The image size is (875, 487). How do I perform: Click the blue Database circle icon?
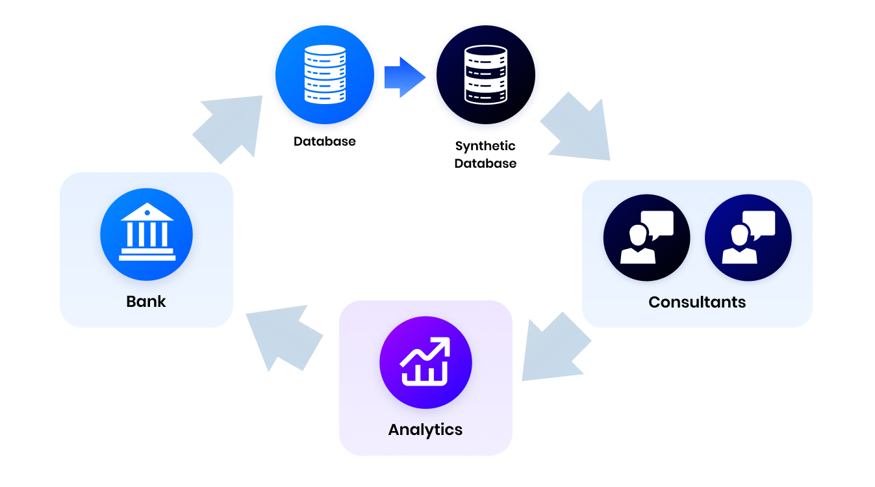324,75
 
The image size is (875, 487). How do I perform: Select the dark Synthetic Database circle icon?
485,75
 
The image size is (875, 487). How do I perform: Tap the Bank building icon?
147,234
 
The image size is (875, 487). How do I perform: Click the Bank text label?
146,302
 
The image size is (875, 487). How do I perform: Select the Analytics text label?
425,430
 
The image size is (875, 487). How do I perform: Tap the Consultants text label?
697,302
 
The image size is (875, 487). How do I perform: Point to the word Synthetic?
485,146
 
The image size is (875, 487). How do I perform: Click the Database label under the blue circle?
324,141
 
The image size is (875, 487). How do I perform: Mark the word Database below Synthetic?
485,164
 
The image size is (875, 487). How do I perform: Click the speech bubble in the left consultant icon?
657,223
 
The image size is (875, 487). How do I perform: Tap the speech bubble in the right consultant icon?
759,223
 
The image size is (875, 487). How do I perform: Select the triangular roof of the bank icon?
147,213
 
